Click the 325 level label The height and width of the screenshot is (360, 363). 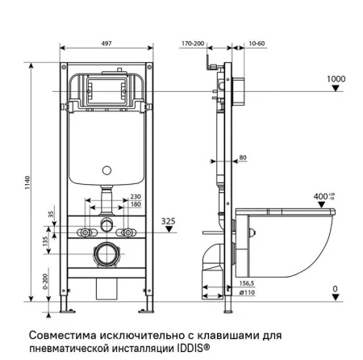(168, 220)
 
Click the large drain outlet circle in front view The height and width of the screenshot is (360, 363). (106, 257)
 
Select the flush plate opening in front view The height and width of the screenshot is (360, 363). (106, 93)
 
